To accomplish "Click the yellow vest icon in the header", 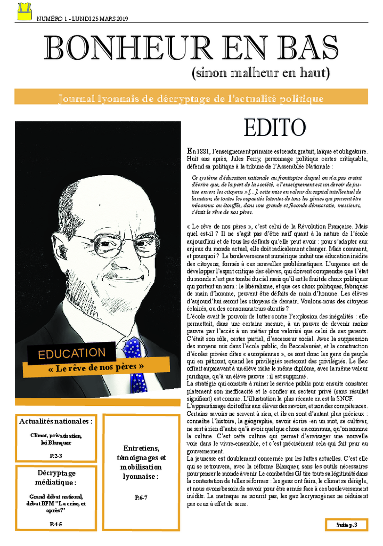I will [25, 11].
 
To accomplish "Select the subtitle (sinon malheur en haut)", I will [260, 73].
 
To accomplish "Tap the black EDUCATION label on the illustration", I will [72, 353].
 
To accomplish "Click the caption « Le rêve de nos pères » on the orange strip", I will [96, 367].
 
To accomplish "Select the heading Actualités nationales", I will [56, 421].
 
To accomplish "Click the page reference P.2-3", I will [56, 455].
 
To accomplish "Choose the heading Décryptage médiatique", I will [56, 478].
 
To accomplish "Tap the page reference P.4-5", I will [56, 524].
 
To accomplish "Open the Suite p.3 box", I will [346, 525].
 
